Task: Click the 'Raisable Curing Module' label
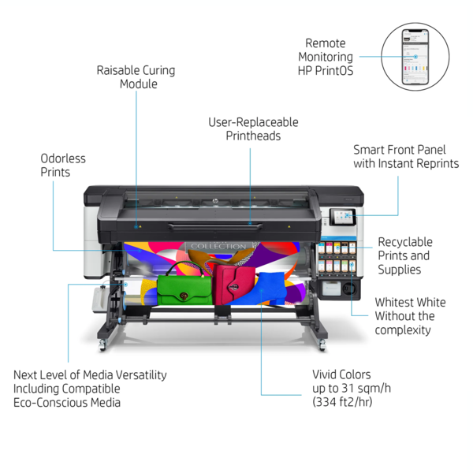coord(136,77)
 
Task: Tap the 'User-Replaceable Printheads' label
coord(253,129)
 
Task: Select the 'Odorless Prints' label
coord(63,166)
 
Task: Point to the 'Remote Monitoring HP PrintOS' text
coord(325,57)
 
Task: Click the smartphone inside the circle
coord(415,57)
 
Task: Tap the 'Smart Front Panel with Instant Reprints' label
coord(406,157)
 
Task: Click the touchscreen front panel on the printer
coord(343,217)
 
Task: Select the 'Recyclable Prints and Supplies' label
coord(405,255)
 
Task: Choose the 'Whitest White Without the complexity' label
coord(410,316)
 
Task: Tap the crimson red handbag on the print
coord(234,284)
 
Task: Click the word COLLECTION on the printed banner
coord(218,247)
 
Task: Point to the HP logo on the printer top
coord(215,201)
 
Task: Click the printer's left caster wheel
coord(102,344)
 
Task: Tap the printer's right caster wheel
coord(322,344)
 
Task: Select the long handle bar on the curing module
coord(214,226)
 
